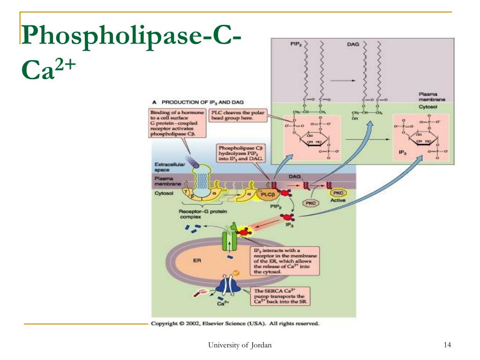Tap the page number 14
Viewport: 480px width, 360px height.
tap(447, 345)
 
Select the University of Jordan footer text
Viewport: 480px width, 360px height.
tap(240, 345)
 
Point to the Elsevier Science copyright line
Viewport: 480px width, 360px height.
tap(235, 323)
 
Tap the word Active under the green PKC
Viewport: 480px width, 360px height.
tap(338, 201)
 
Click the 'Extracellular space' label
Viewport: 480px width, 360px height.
tap(164, 167)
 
